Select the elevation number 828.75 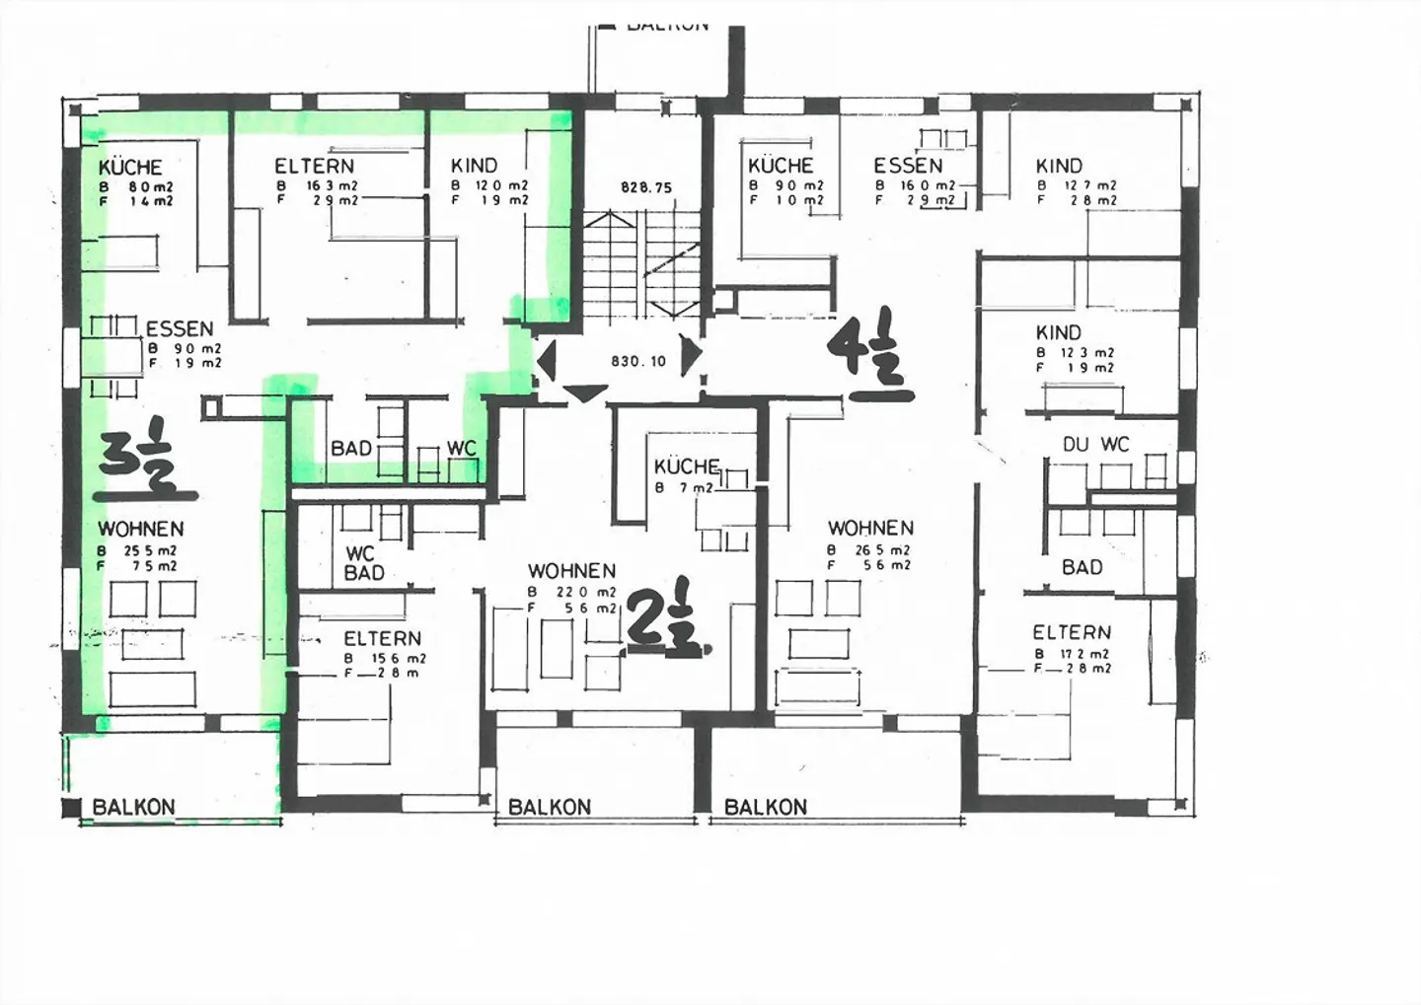645,186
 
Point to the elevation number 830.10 638,361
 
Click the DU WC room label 1095,445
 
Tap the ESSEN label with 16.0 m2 908,166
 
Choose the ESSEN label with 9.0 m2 180,329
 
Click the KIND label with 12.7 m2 1059,166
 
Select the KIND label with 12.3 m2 1059,332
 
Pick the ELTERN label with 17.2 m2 1072,632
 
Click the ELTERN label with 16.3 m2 314,167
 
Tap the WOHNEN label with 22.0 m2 571,571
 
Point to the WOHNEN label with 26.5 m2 870,529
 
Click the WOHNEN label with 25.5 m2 140,530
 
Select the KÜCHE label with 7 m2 687,467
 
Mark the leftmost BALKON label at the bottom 133,807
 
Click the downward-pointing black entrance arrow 584,393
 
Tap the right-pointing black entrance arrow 693,352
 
